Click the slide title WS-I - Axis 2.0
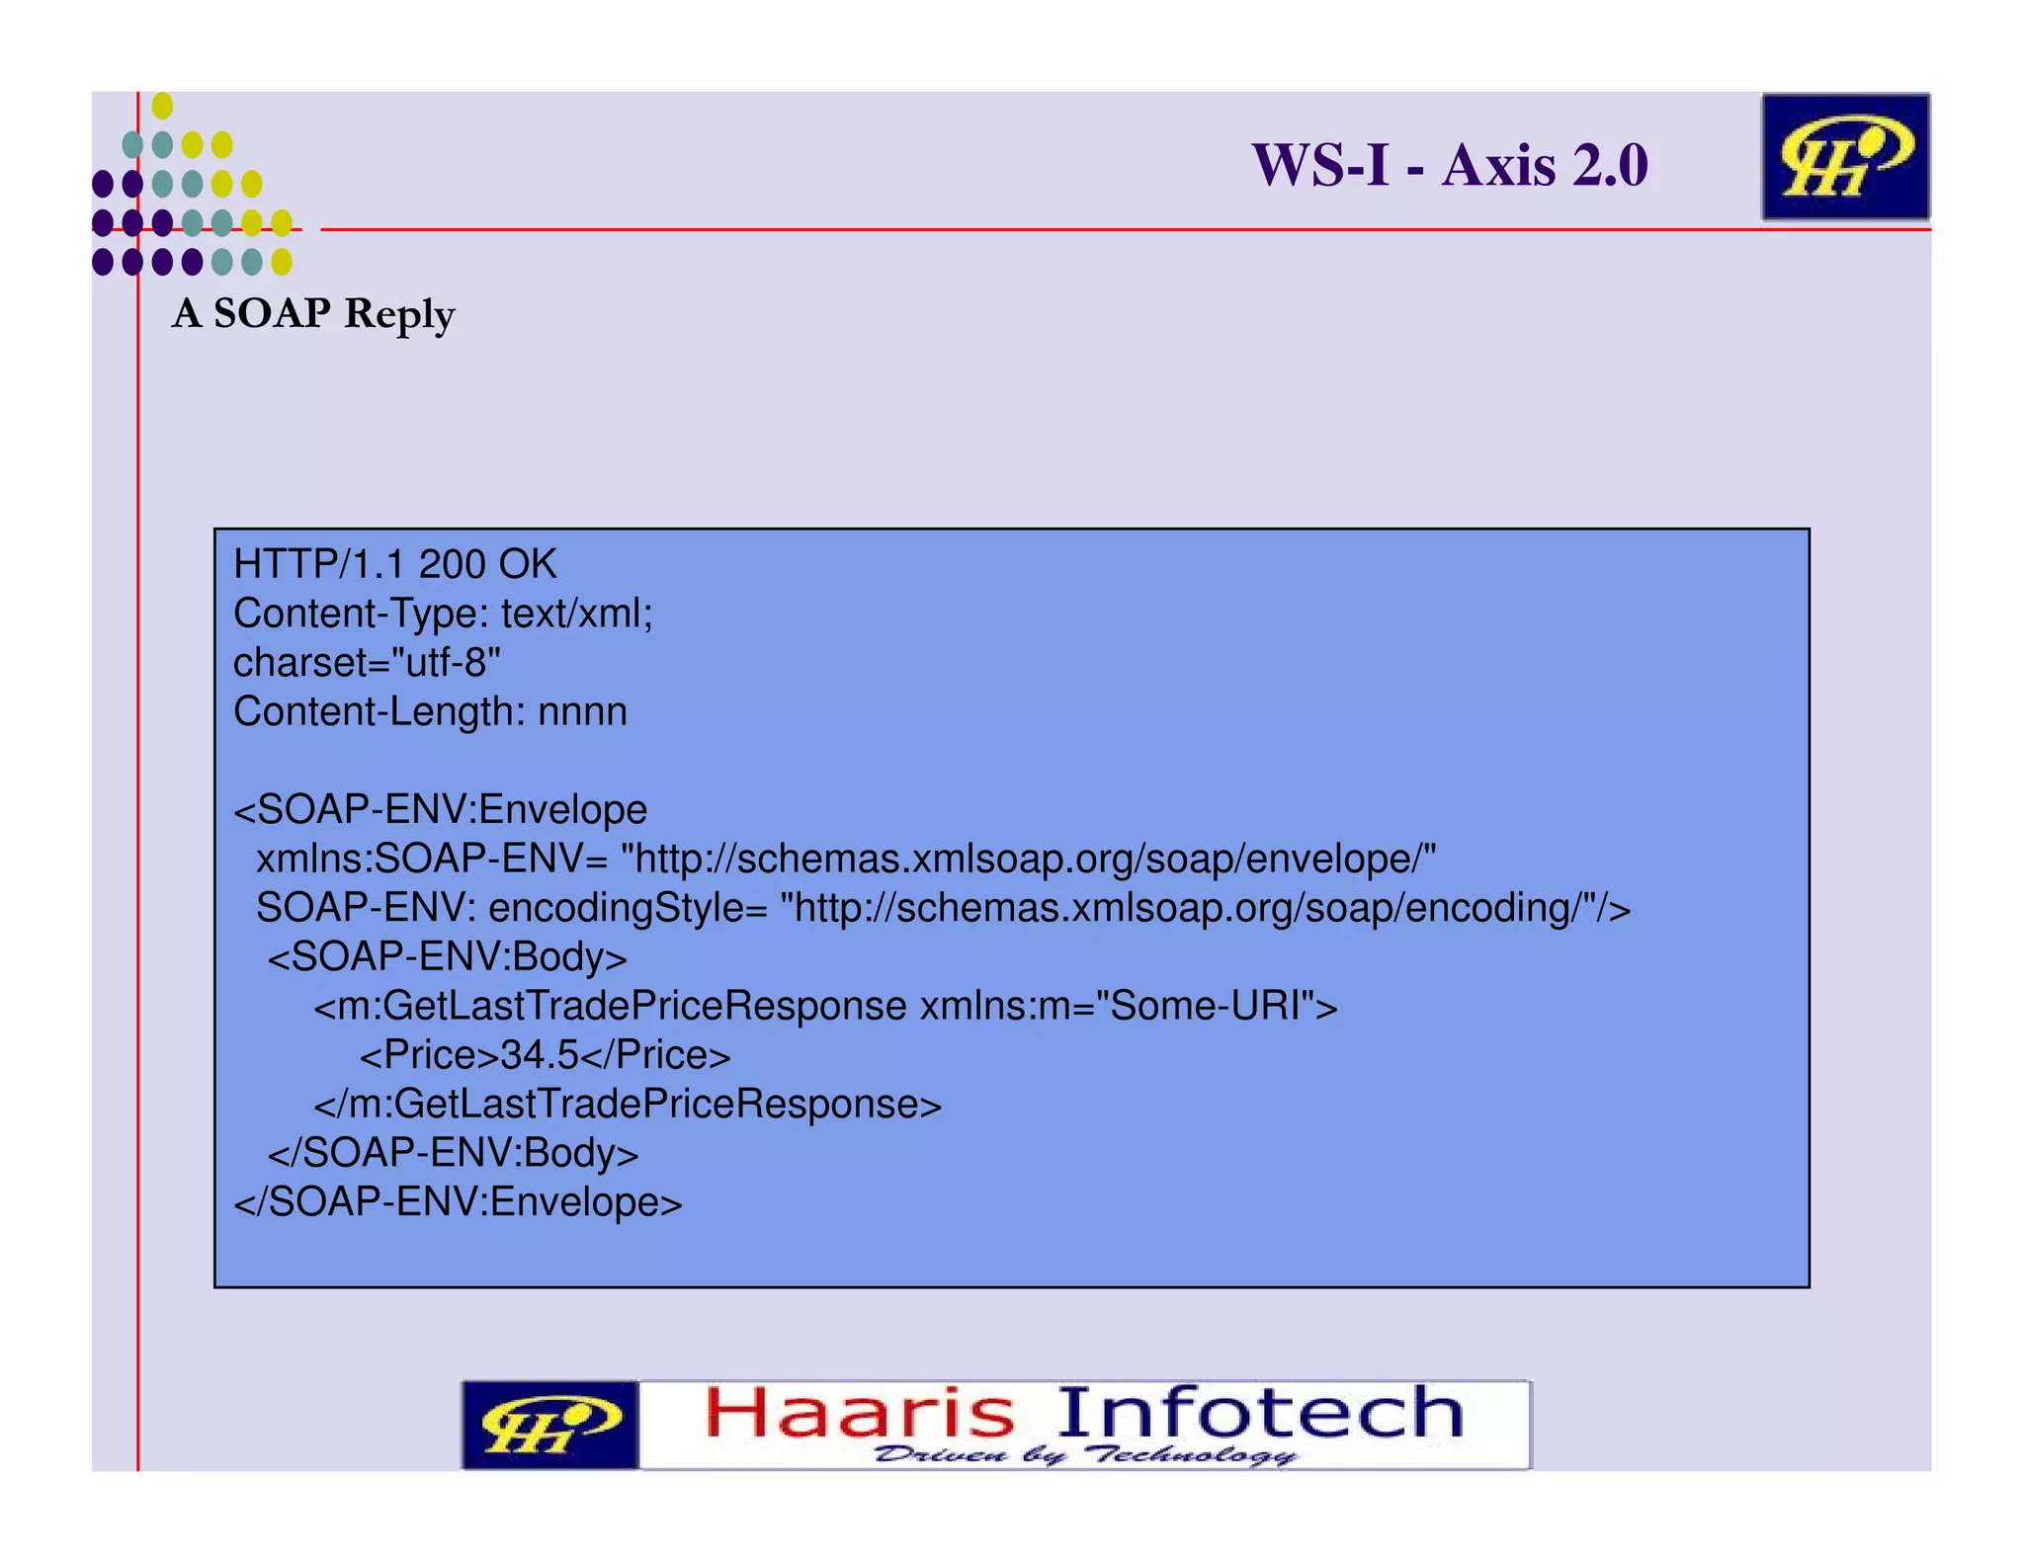[x=1449, y=165]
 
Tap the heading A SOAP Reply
[x=313, y=314]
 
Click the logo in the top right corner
[x=1844, y=157]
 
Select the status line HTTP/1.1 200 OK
[x=395, y=565]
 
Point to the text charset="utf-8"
[x=367, y=663]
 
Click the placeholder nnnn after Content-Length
[x=582, y=712]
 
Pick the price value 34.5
[x=540, y=1055]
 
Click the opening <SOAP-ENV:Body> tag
[x=447, y=957]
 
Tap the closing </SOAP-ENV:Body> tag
[x=453, y=1153]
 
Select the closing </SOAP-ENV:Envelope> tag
[x=458, y=1202]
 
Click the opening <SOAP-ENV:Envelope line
[x=441, y=810]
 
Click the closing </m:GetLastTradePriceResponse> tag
[x=628, y=1105]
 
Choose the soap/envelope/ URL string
[x=1028, y=860]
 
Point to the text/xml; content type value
[x=577, y=615]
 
